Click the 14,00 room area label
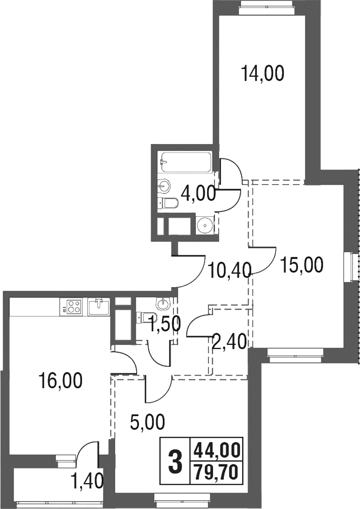pos(263,74)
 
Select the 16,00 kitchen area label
pos(61,381)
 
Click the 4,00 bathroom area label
pos(198,193)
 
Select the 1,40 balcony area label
pos(87,479)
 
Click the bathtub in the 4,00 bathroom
pos(185,163)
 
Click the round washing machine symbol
pos(205,225)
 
